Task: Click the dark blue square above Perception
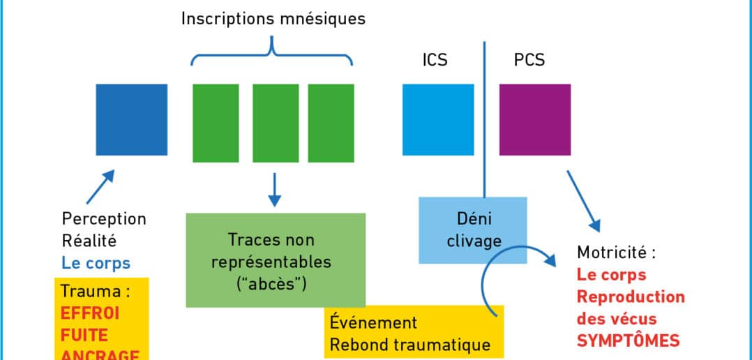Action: coord(132,119)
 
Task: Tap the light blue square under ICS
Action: coord(437,119)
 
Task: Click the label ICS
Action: coord(435,60)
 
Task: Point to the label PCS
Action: coord(529,60)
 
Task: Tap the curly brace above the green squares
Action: coord(271,52)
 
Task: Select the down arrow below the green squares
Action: coord(274,190)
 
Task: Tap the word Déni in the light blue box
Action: coord(473,218)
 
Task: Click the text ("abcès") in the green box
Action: coord(275,285)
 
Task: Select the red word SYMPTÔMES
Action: coord(626,340)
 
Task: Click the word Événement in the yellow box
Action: coord(373,323)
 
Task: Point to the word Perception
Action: coord(104,218)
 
